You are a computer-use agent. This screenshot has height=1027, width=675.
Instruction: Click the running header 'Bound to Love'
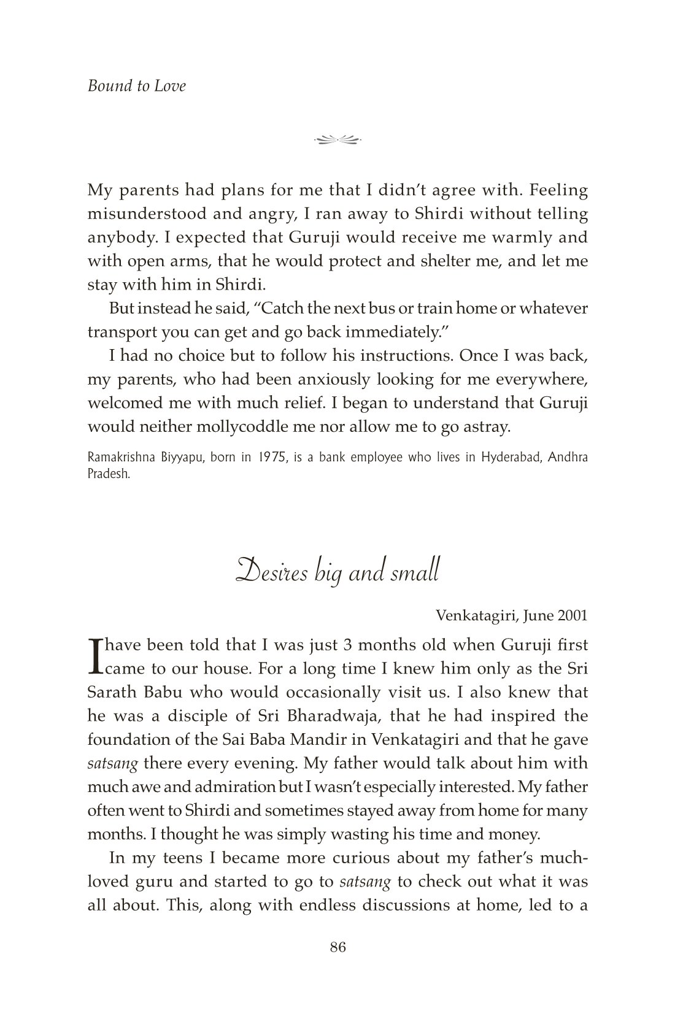coord(136,86)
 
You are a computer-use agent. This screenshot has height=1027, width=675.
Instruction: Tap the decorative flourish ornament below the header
coord(337,140)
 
